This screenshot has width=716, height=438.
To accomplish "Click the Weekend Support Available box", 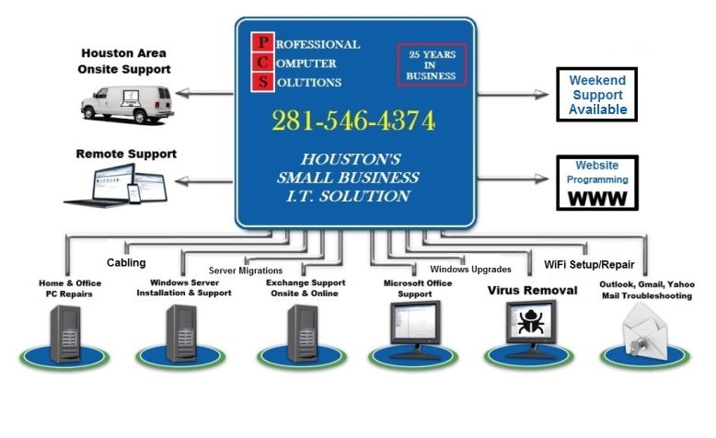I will tap(597, 95).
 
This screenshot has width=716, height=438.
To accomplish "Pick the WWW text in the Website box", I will tap(597, 198).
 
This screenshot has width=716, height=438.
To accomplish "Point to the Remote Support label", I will tap(126, 154).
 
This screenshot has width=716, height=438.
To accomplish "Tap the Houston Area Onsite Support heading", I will tap(126, 61).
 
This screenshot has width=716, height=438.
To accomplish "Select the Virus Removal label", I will tap(532, 290).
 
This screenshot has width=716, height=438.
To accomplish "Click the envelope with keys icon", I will tap(641, 330).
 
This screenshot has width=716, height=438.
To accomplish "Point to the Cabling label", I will tap(126, 262).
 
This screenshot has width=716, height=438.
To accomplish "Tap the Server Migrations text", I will tap(246, 271).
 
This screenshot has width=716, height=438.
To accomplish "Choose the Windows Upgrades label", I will tap(470, 269).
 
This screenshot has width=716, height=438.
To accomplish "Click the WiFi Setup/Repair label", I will tap(589, 264).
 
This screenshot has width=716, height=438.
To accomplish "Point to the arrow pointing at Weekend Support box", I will tap(514, 93).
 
